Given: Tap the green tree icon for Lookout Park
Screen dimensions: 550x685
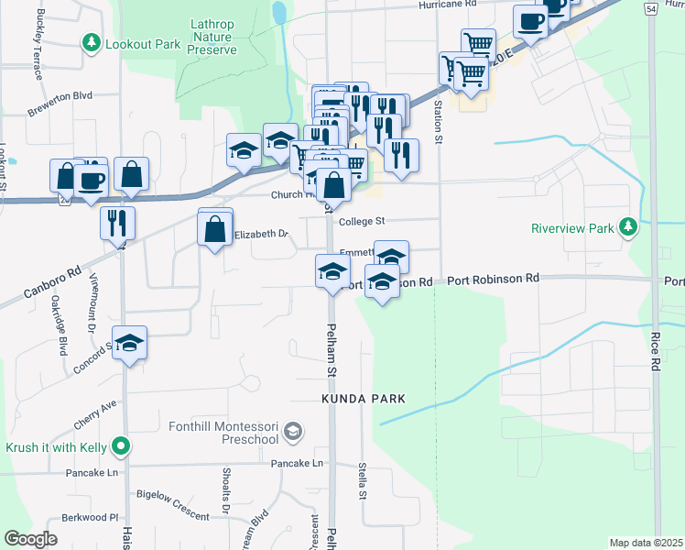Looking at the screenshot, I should [92, 42].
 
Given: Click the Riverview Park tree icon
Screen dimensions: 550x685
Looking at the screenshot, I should [627, 226].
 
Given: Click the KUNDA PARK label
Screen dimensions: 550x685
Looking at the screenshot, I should [363, 400].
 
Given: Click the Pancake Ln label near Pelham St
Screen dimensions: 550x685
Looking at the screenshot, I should [297, 464].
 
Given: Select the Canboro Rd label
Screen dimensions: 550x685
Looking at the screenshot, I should [54, 281].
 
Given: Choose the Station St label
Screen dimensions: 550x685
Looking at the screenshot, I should [438, 115].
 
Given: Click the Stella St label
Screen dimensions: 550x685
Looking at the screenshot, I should [363, 481].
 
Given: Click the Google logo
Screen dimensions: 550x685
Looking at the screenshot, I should [30, 539].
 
